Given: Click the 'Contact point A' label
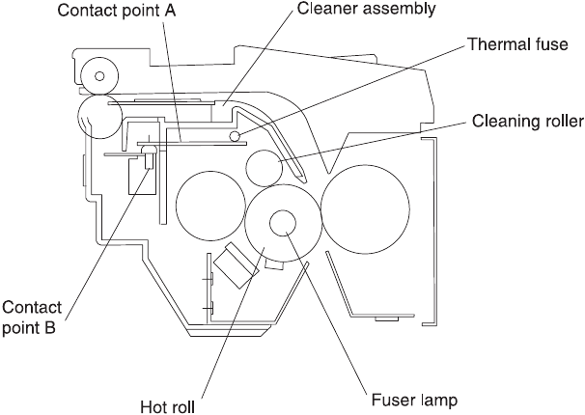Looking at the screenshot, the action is tap(117, 11).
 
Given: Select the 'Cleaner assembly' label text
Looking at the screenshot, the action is tap(366, 9).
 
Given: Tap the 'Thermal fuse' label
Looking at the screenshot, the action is tap(517, 44).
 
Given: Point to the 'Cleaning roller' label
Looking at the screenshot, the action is tap(527, 122).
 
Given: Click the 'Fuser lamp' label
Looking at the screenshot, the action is tap(414, 401).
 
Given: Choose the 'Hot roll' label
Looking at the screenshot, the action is tap(168, 406).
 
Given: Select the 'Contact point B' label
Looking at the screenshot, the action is tap(31, 318).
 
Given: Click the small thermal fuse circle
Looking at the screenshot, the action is tap(235, 136).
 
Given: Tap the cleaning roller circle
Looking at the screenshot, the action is tap(265, 168).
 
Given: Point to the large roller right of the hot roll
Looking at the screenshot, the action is tap(365, 209).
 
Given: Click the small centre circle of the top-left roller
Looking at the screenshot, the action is tap(99, 76).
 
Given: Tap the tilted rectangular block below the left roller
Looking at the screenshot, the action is tap(236, 264).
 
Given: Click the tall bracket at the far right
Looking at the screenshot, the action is tap(434, 232).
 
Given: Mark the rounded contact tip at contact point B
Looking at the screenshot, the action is tap(149, 151).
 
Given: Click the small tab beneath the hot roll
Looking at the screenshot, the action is tap(274, 265).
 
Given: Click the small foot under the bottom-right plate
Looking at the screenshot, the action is tap(387, 319).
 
